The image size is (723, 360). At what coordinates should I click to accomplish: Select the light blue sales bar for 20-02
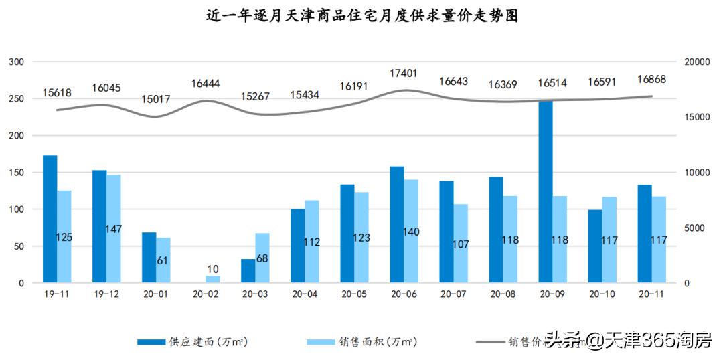tap(213, 279)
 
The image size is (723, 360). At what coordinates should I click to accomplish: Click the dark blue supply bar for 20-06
tap(397, 224)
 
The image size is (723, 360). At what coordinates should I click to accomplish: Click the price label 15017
tap(156, 100)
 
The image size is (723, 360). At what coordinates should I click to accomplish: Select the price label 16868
tap(651, 80)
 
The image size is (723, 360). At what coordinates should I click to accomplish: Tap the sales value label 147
tap(113, 229)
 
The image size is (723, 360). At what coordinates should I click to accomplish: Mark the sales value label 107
tap(461, 244)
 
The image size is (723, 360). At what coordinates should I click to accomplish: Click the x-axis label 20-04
tap(305, 294)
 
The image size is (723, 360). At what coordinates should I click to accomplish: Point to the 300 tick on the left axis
tap(16, 62)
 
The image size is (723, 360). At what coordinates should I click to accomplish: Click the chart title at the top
tap(361, 15)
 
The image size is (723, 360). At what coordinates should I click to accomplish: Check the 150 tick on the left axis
tap(16, 173)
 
